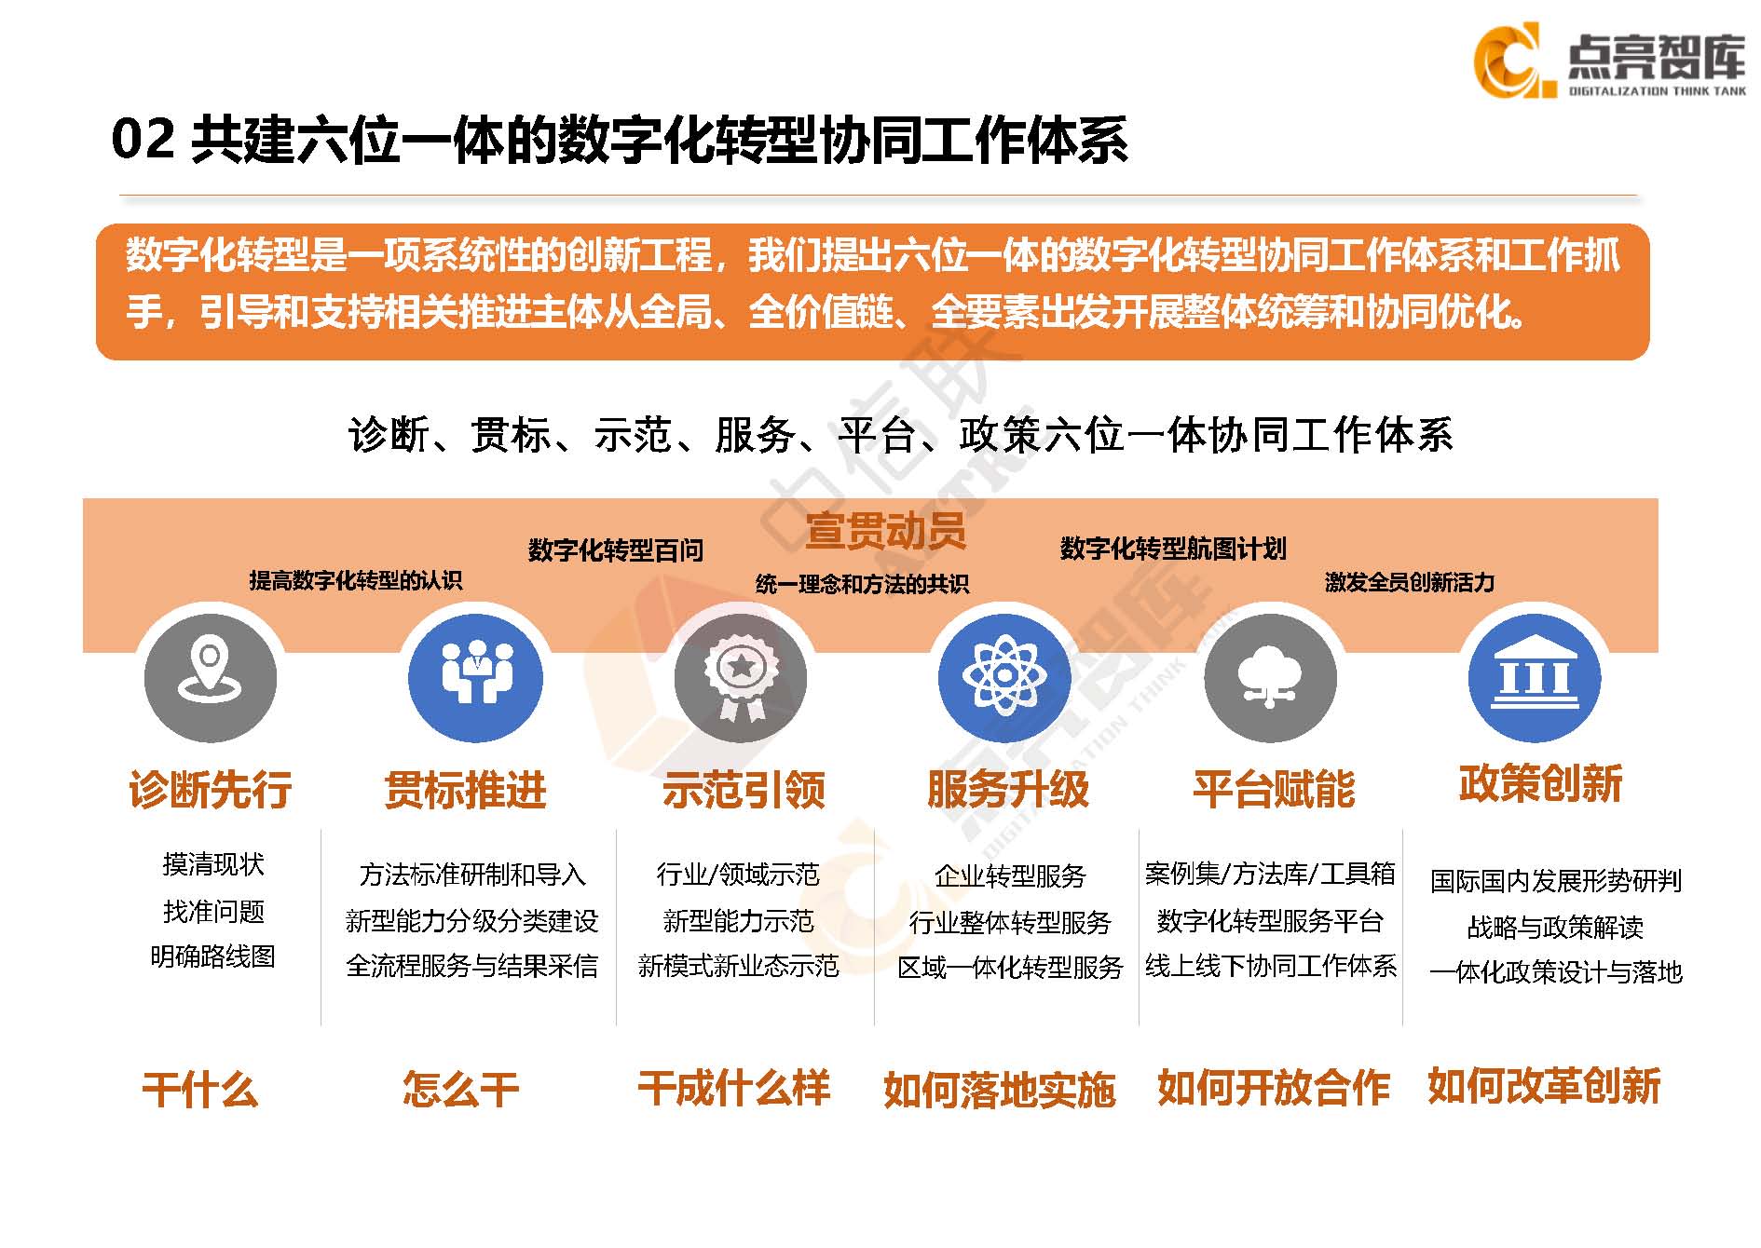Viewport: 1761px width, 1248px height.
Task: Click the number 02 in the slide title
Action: click(x=143, y=140)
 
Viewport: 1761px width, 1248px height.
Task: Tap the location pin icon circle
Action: click(x=211, y=677)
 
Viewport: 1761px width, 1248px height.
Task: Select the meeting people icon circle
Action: click(x=475, y=677)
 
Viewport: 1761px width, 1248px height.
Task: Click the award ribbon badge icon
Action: click(x=741, y=677)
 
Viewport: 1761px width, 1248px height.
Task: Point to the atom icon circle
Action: click(x=1005, y=677)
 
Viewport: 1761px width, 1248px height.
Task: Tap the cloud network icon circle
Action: click(x=1270, y=677)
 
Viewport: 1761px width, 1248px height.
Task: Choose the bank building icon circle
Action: click(x=1535, y=677)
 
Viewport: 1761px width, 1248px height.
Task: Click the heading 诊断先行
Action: click(x=211, y=790)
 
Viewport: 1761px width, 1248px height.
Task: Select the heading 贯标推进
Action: click(x=466, y=790)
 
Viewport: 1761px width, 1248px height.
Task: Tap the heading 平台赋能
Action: click(x=1274, y=790)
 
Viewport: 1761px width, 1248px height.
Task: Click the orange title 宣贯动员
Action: click(x=885, y=531)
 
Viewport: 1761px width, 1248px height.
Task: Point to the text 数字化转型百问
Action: click(x=615, y=550)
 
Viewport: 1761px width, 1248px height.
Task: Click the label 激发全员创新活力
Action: click(x=1410, y=583)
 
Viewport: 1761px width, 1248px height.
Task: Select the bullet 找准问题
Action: click(x=213, y=911)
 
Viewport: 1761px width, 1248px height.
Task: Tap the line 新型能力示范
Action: click(x=738, y=921)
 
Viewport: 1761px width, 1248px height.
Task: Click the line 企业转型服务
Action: click(x=1010, y=875)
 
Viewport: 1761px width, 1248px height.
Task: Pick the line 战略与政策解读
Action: click(x=1555, y=927)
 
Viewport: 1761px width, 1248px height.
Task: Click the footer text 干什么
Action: click(x=199, y=1089)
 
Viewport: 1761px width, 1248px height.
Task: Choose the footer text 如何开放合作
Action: click(x=1273, y=1088)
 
